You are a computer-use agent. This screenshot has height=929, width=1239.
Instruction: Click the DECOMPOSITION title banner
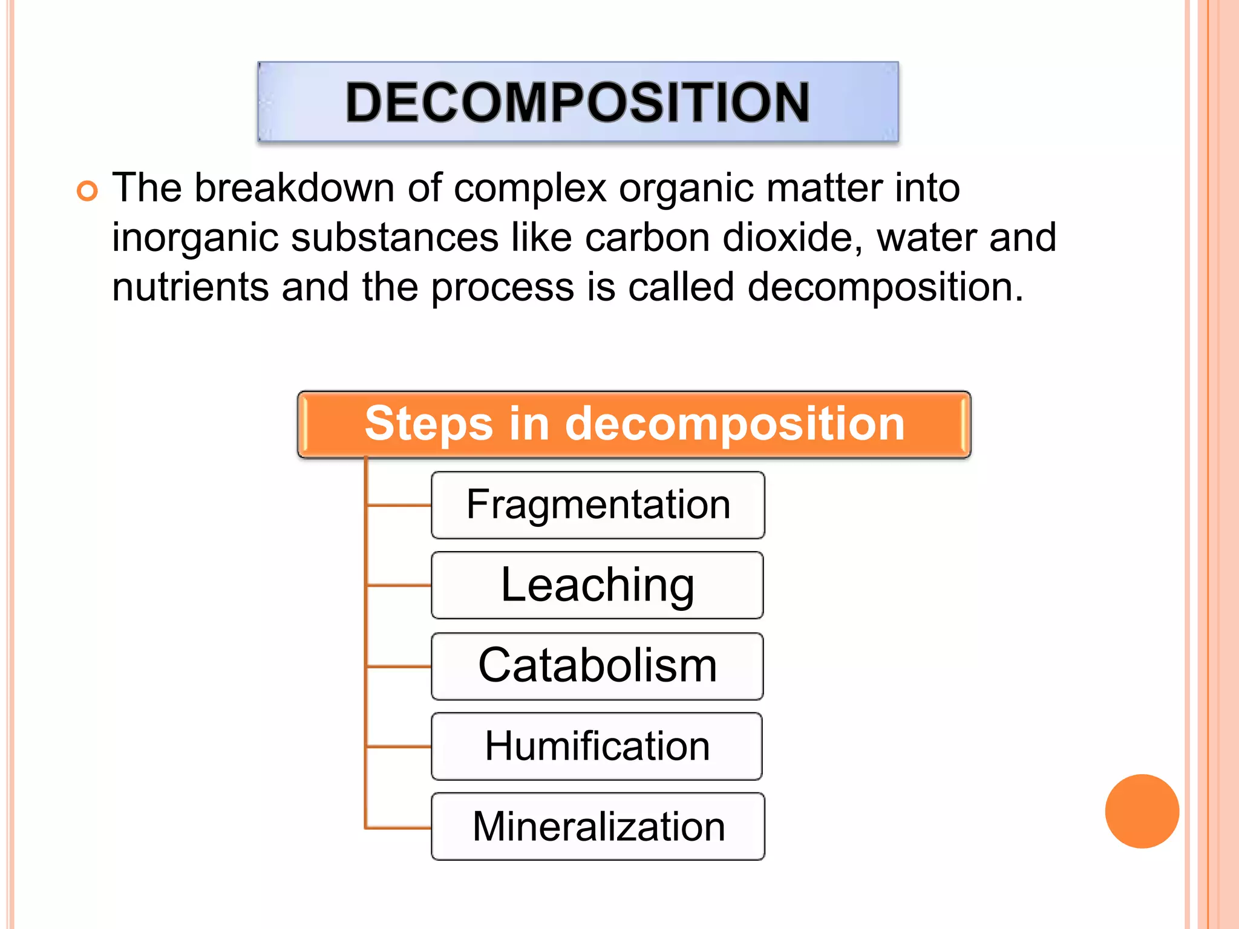(578, 102)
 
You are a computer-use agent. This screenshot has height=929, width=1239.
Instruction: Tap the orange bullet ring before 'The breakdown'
(87, 191)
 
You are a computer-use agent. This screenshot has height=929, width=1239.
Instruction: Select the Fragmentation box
(598, 505)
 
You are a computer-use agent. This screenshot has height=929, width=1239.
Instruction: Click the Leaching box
(598, 585)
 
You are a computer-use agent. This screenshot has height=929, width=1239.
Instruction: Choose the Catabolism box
(598, 666)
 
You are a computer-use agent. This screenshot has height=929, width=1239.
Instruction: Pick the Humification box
(597, 746)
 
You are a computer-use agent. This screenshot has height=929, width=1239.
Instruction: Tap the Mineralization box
(598, 826)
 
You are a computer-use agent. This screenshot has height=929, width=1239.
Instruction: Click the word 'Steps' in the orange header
(428, 425)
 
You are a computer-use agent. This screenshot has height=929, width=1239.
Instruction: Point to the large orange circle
(1142, 811)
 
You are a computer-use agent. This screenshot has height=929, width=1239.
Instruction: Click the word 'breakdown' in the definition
(294, 188)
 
